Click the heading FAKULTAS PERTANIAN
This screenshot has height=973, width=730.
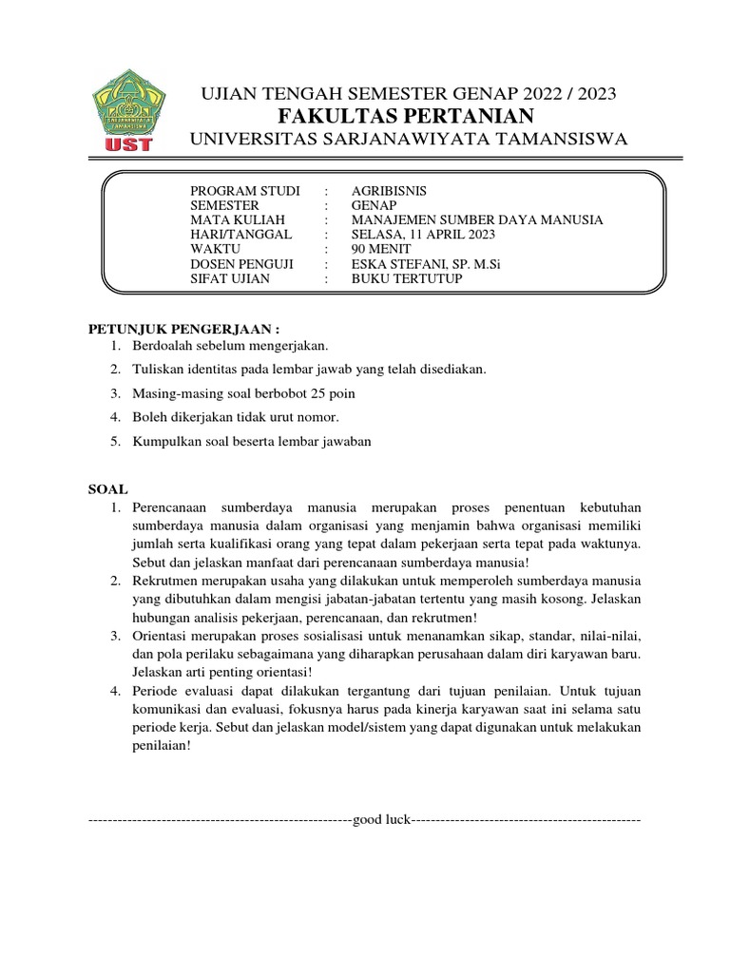click(x=406, y=116)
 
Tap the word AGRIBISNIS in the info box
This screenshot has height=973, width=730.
click(x=381, y=190)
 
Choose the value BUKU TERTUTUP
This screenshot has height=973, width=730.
click(x=396, y=279)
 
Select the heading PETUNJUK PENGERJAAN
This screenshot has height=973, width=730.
click(x=171, y=329)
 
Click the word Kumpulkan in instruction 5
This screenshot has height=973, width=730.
click(x=168, y=441)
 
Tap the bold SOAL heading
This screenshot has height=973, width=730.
click(x=107, y=489)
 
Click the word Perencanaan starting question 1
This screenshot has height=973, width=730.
click(x=176, y=508)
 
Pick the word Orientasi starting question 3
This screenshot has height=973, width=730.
click(x=164, y=635)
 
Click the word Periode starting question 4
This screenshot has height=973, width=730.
click(x=159, y=689)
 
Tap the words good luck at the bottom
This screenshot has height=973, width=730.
click(x=380, y=819)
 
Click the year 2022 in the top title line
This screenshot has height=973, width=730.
click(x=533, y=93)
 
